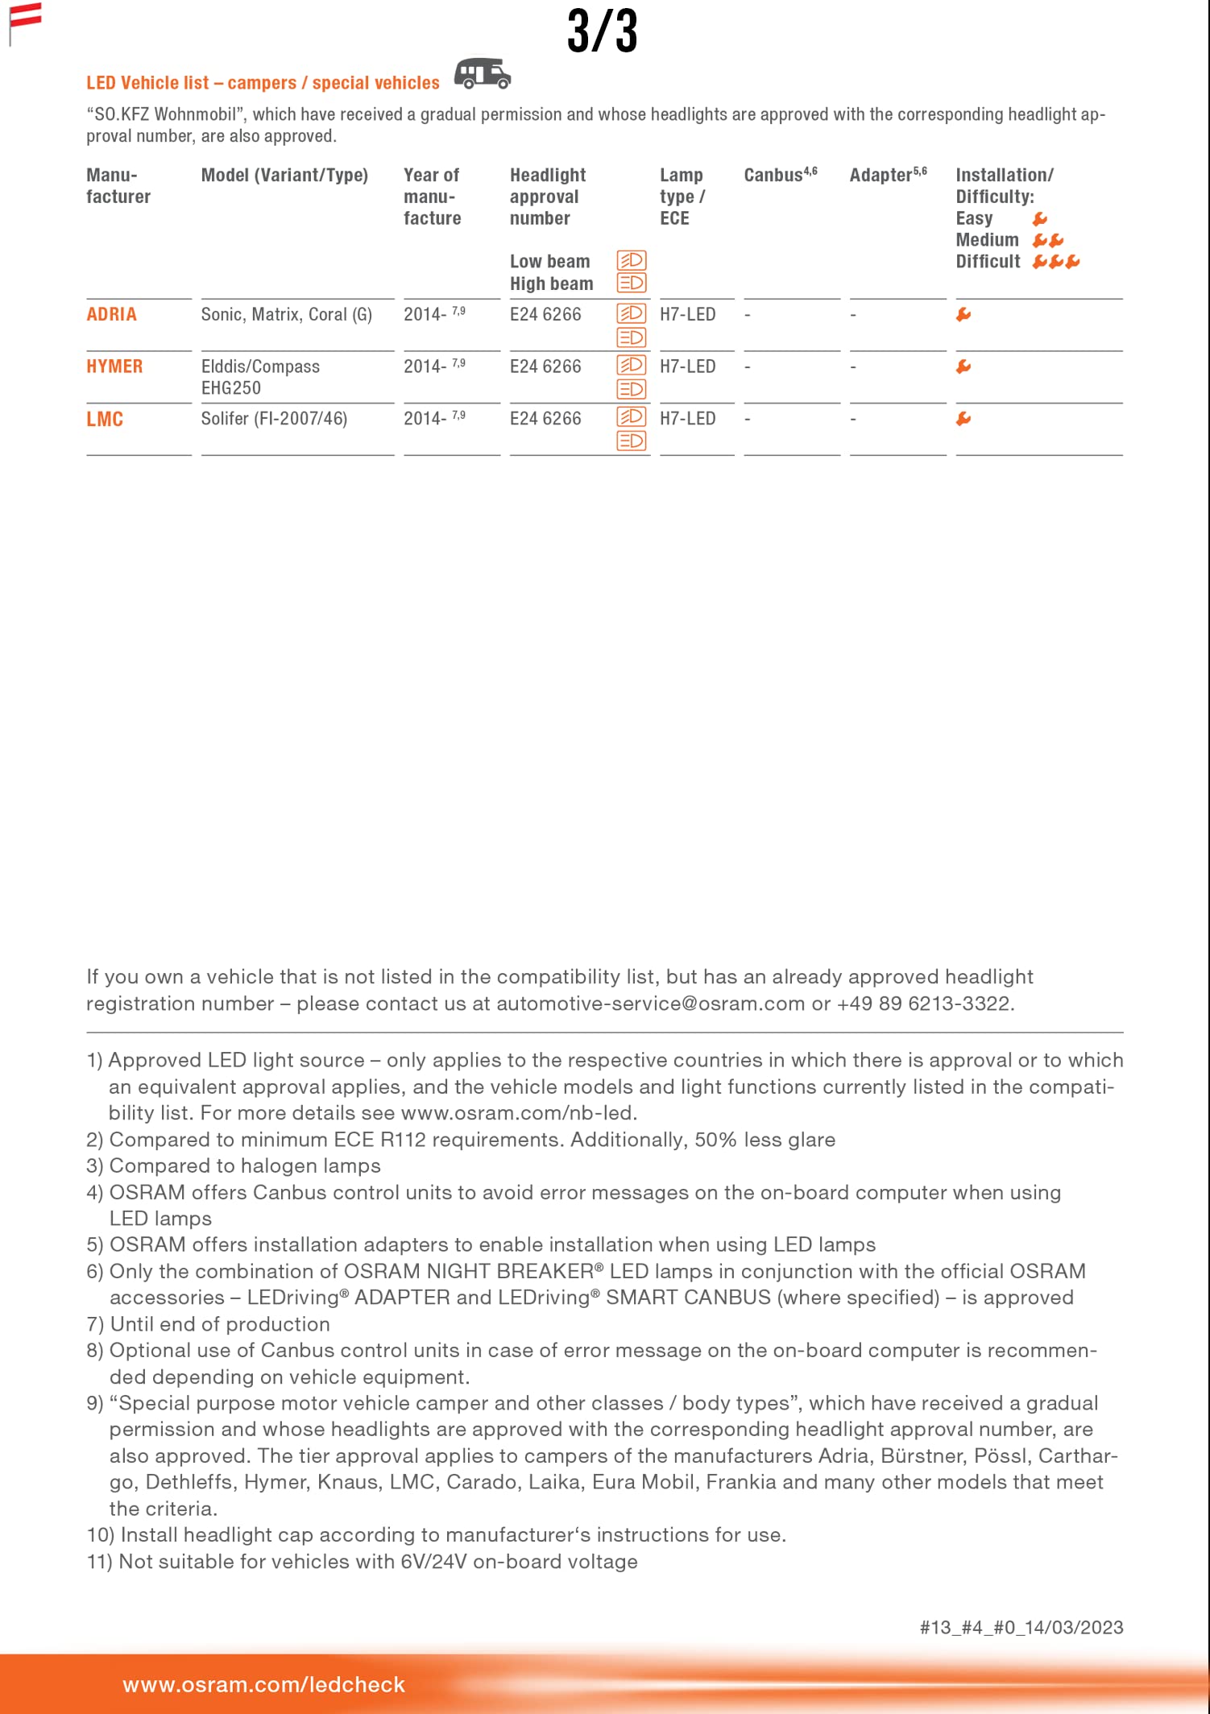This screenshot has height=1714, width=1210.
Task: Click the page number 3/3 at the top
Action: pos(602,32)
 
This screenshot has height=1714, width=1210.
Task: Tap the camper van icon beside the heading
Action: pos(482,73)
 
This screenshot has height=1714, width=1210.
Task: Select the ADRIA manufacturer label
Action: pos(111,314)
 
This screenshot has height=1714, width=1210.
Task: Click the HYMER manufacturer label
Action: pos(114,366)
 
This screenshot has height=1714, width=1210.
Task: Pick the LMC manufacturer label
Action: pos(105,419)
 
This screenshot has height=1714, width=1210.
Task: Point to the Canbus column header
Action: pos(780,175)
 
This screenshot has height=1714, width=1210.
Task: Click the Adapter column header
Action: pos(887,175)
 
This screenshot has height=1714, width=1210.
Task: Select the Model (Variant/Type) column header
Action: pos(284,175)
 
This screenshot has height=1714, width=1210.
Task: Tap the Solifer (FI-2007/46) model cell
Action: pos(274,419)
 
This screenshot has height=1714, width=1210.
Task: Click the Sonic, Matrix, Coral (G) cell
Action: pos(286,314)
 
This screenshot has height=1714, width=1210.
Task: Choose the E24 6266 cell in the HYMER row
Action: pos(545,366)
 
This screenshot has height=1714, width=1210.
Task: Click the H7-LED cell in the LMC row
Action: pos(687,419)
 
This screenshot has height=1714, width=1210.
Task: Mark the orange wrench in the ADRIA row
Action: pos(963,315)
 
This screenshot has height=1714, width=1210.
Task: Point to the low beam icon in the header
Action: pos(632,260)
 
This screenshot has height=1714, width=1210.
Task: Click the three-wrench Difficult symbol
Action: pos(1055,262)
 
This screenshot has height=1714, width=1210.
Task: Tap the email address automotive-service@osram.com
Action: pos(650,1004)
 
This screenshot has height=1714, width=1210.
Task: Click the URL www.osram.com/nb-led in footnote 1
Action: pos(518,1113)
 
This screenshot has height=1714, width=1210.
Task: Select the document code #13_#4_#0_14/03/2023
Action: pos(1021,1627)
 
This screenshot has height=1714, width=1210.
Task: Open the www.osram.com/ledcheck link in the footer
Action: pos(263,1684)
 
